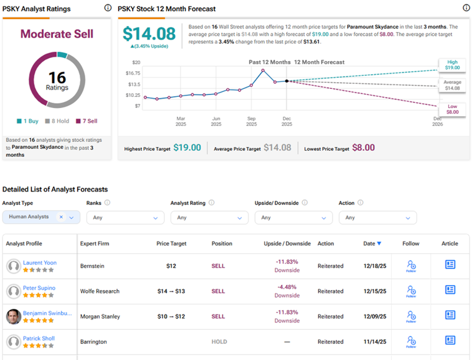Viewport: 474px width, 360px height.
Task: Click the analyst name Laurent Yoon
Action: (39, 262)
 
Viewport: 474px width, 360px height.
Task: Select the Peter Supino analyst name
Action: (39, 288)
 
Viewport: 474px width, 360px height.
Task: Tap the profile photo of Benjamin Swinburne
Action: (13, 317)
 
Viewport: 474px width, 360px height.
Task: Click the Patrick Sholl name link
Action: (39, 338)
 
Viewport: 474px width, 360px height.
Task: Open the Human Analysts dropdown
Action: (41, 217)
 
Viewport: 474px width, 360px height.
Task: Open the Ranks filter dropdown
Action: (125, 217)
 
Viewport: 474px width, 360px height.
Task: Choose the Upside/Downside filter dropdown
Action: (293, 217)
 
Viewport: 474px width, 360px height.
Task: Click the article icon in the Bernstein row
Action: (450, 264)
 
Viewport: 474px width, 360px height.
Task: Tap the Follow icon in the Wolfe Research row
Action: (411, 290)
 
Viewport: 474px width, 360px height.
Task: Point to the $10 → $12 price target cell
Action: (175, 317)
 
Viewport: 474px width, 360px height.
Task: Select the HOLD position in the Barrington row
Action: (218, 341)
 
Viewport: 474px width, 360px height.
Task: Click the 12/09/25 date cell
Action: (374, 317)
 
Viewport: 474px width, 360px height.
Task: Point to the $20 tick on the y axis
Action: (136, 62)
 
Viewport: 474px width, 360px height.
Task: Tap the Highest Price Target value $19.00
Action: (186, 148)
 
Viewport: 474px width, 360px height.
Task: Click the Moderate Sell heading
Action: (57, 35)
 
